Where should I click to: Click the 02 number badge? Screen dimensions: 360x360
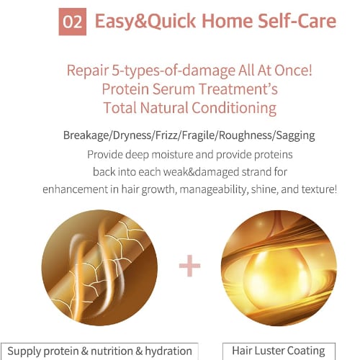point(73,22)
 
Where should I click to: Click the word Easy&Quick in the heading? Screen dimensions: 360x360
point(145,21)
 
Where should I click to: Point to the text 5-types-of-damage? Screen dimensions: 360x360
point(174,71)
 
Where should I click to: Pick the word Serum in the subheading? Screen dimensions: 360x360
point(174,89)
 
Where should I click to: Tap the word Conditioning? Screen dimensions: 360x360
point(234,108)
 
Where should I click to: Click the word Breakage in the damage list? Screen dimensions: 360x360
point(86,135)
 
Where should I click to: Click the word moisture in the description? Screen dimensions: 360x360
point(172,155)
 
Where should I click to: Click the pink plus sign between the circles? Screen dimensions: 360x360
point(189,266)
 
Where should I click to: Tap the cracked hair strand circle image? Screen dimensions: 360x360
point(99,268)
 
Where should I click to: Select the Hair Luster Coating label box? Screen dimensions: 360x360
point(279,351)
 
